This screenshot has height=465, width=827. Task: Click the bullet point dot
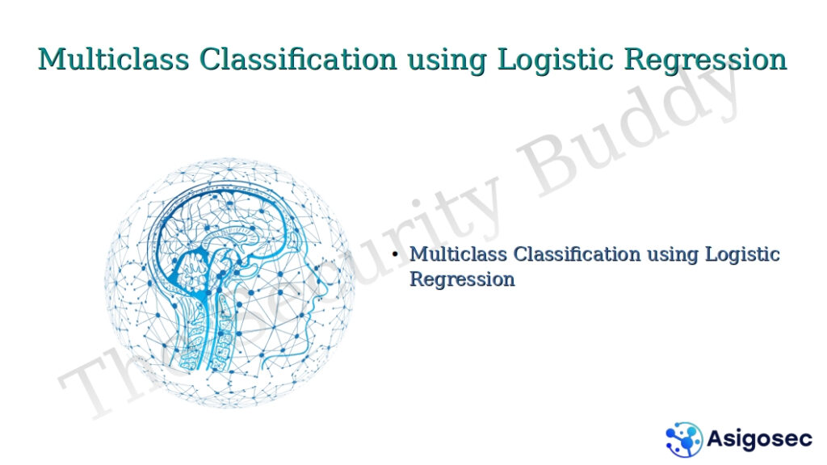coord(395,255)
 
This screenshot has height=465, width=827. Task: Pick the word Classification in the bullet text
coord(577,254)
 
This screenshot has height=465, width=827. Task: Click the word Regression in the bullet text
coord(462,279)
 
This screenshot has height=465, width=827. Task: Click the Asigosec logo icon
coord(684,439)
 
